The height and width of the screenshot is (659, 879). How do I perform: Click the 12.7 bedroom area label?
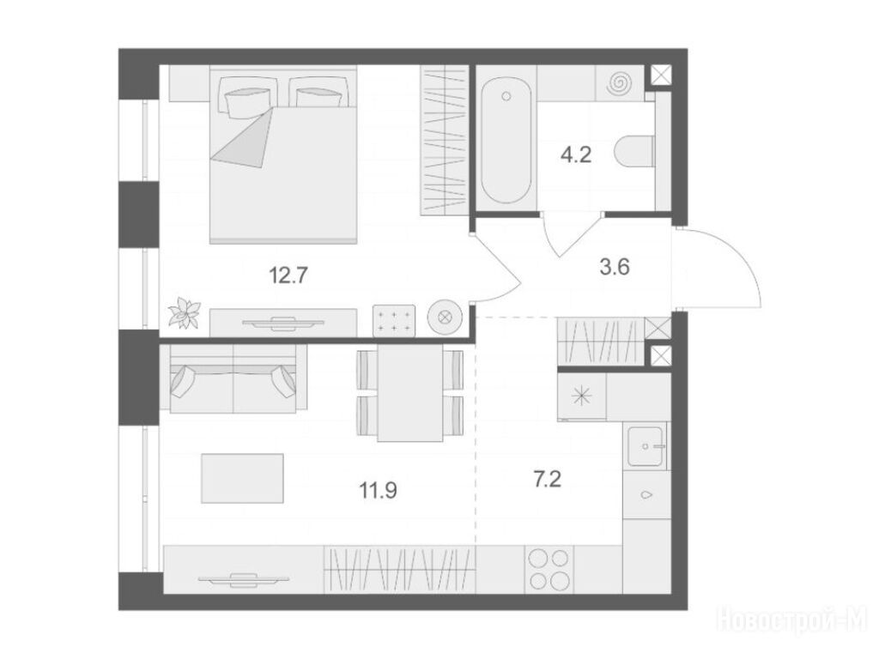288,275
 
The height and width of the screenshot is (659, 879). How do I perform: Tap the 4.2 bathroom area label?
576,154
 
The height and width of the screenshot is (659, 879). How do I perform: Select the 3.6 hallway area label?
615,268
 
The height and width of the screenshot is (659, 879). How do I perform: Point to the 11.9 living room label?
379,491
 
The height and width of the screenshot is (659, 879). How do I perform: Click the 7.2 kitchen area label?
547,480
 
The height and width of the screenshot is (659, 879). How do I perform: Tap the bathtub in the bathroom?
506,140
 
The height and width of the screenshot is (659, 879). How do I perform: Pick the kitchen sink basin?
647,446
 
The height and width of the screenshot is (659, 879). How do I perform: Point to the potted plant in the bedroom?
185,312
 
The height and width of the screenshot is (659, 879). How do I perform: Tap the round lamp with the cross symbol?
445,317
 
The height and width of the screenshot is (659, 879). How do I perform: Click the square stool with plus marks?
395,321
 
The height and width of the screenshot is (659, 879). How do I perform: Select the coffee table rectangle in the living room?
242,479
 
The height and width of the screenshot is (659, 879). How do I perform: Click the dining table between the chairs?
410,393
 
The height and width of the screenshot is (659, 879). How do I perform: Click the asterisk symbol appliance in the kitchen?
581,397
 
